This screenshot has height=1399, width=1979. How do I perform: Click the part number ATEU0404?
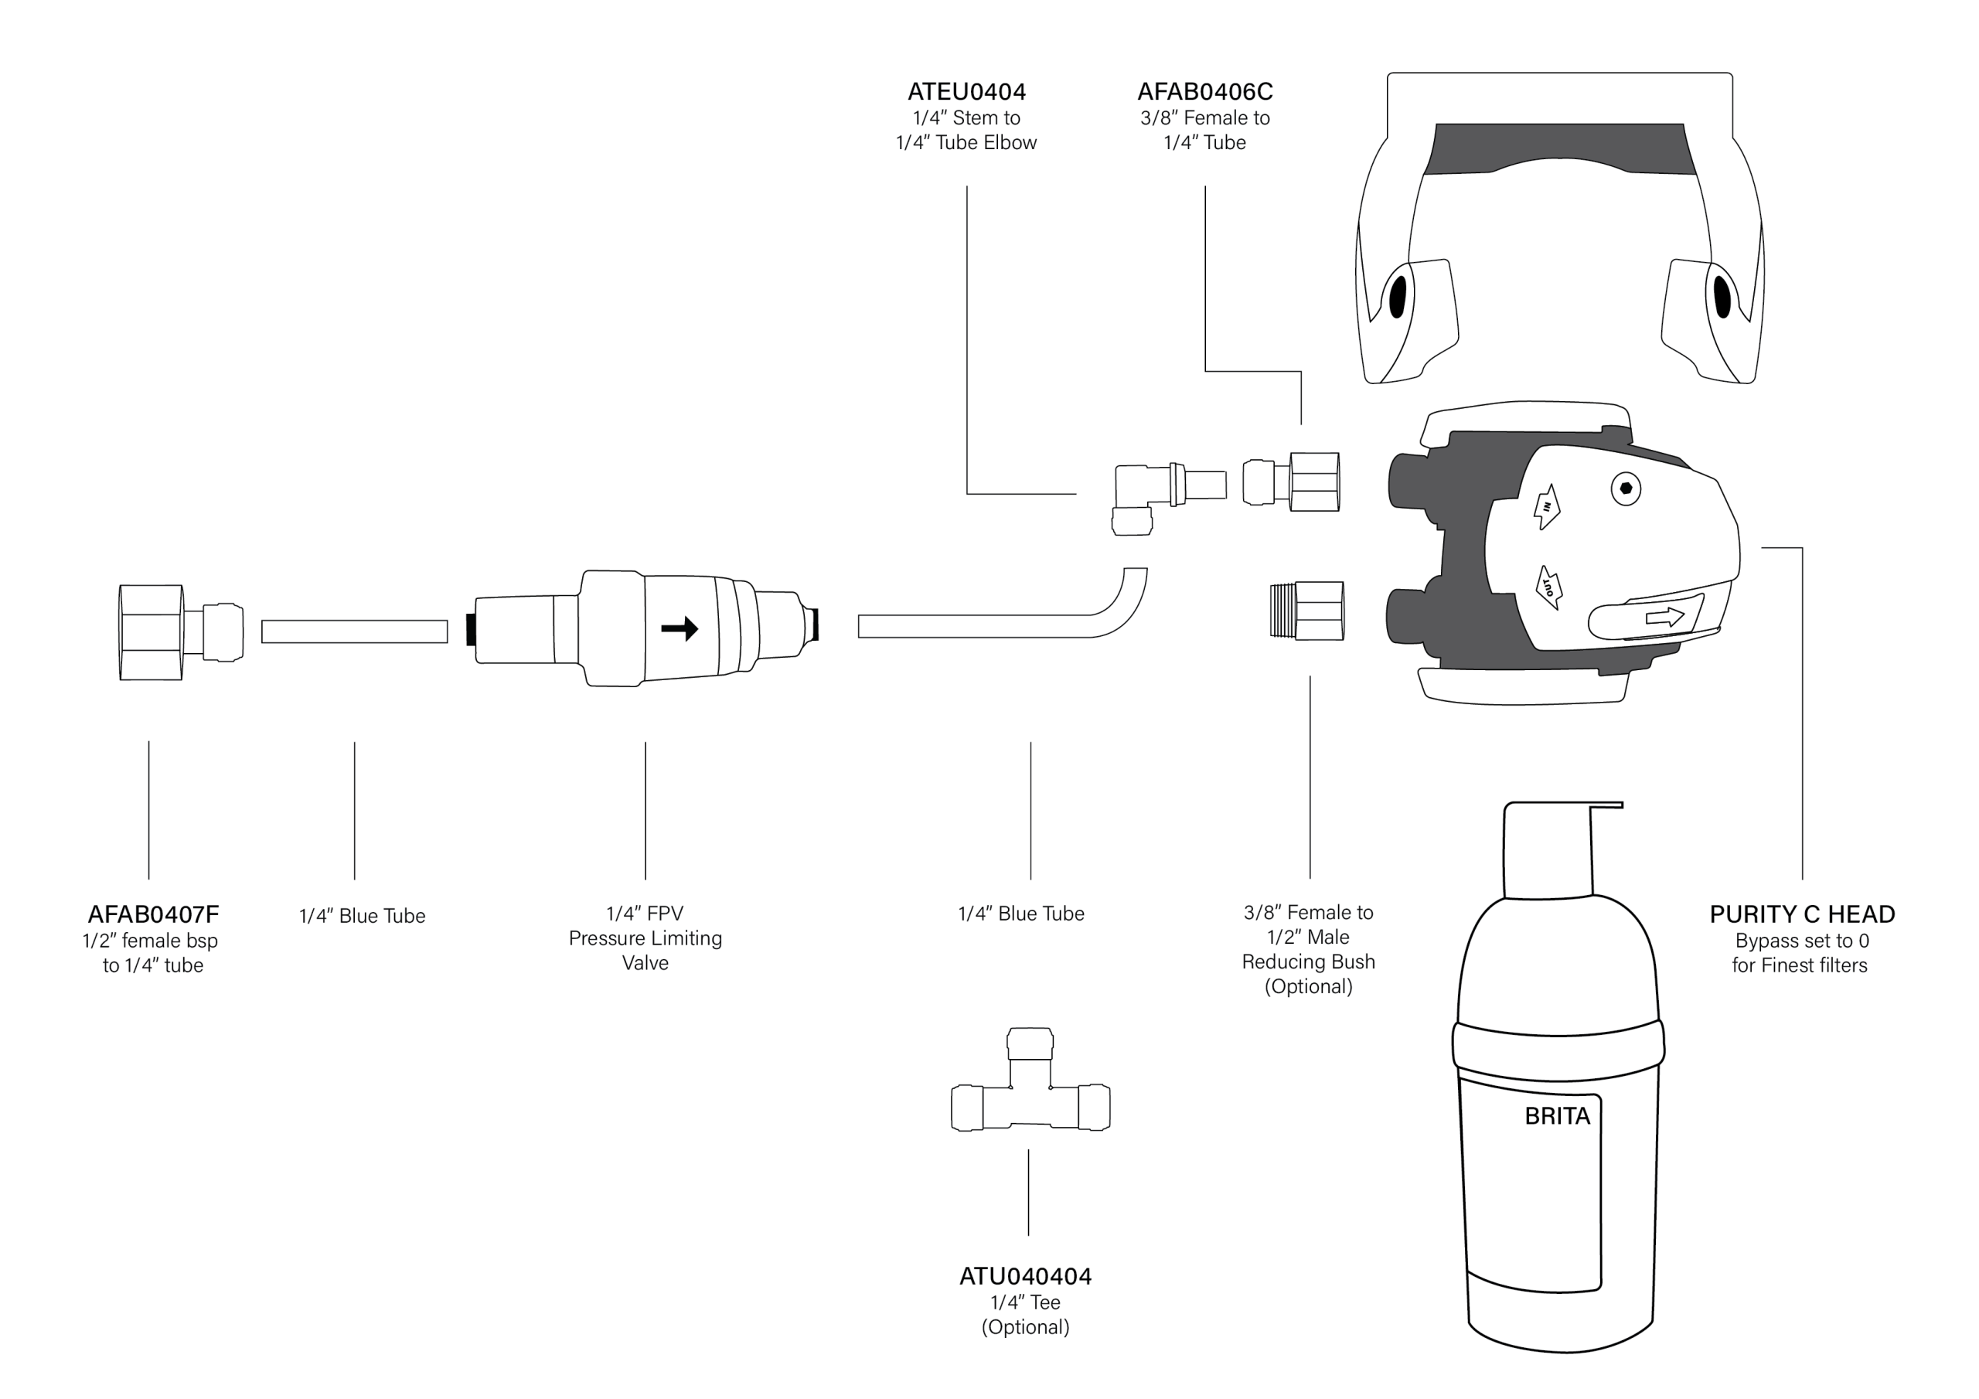click(x=966, y=91)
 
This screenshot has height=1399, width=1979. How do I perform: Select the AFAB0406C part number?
click(x=1204, y=91)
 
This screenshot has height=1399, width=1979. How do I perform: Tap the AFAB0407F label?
click(x=153, y=914)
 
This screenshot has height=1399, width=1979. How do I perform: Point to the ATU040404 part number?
click(x=1025, y=1276)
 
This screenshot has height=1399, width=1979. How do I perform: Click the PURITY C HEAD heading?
click(x=1801, y=914)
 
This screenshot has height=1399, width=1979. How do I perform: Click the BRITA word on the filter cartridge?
click(x=1557, y=1116)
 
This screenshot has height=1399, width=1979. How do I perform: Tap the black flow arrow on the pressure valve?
click(x=680, y=628)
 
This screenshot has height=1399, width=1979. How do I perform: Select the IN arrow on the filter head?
click(x=1546, y=507)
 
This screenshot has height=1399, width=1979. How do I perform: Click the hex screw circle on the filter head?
click(x=1626, y=488)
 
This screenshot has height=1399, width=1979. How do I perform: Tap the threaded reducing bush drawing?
click(x=1306, y=611)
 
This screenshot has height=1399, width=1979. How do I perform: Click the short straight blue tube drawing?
click(x=354, y=631)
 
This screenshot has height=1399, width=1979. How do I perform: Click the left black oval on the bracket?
click(x=1397, y=297)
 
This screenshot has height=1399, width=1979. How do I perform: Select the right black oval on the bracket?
click(x=1722, y=297)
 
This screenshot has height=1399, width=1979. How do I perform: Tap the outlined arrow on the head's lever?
click(x=1664, y=616)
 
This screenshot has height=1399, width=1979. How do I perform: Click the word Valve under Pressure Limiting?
click(x=645, y=963)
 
